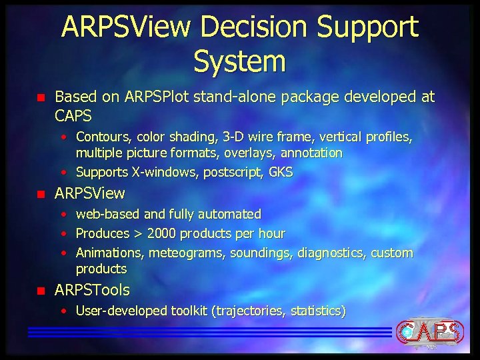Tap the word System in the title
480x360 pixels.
(239, 61)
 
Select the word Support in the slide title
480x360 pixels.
(368, 28)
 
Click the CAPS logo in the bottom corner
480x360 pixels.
(429, 331)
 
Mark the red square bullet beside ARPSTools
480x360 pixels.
(41, 291)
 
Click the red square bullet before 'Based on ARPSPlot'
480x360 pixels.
(41, 98)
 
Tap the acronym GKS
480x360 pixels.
(281, 172)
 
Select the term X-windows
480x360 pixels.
(154, 172)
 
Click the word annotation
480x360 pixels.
(311, 153)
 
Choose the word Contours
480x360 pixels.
(103, 137)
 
